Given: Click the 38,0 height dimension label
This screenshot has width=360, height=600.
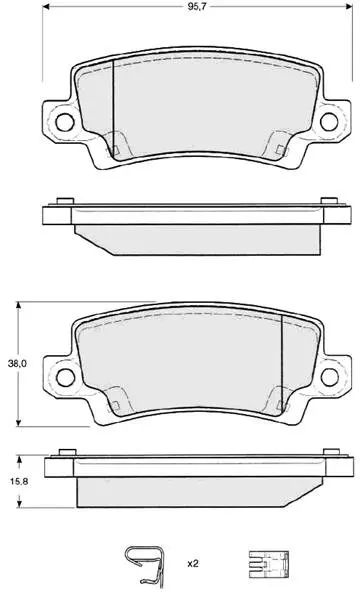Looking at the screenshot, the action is (17, 364).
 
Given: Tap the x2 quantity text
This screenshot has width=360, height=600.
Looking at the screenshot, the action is (193, 564).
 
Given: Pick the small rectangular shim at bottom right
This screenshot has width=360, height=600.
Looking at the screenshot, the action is (269, 564).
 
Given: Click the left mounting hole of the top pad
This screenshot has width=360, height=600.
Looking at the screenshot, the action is (64, 122).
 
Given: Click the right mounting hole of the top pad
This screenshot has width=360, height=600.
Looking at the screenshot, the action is (329, 122).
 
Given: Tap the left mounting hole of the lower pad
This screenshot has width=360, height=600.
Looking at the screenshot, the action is (65, 377).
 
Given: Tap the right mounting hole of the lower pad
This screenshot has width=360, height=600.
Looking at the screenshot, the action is (330, 377).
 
